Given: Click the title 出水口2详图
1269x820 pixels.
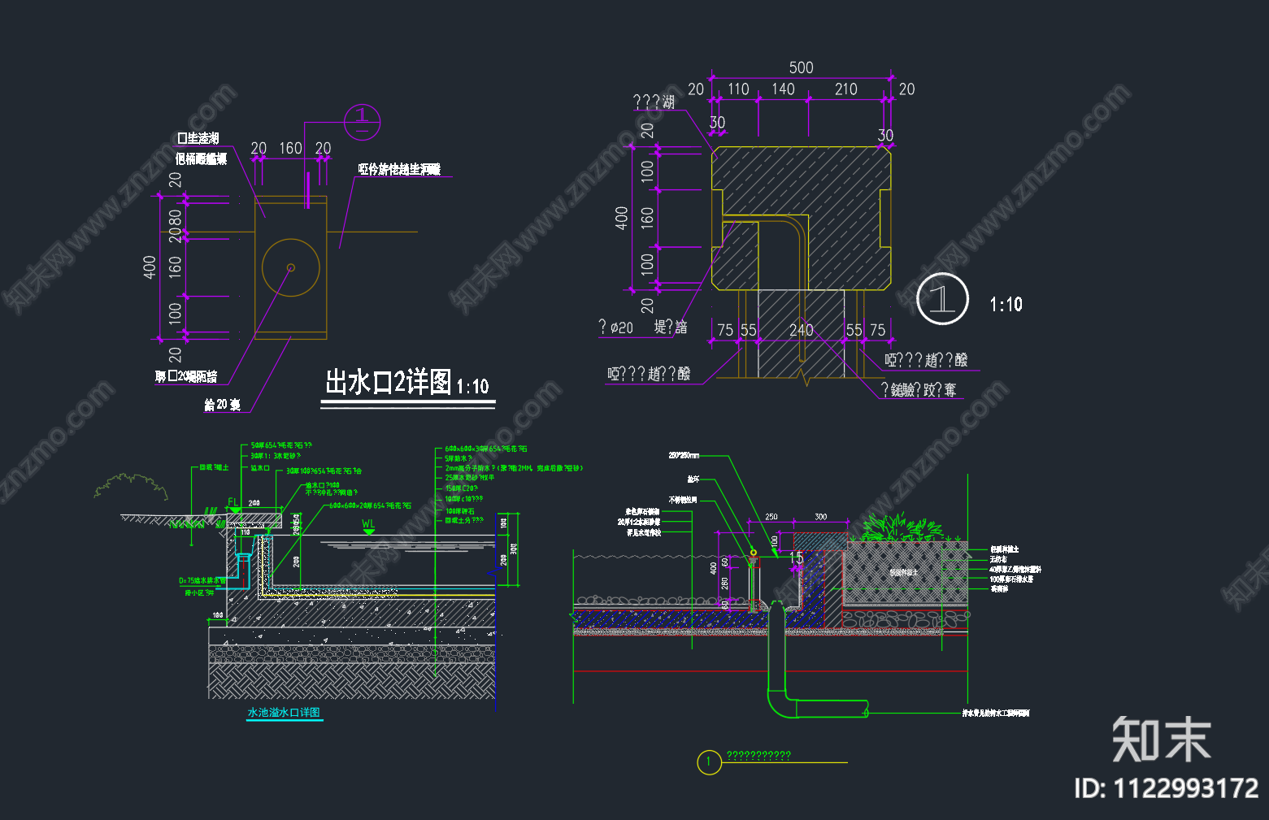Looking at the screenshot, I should (389, 382).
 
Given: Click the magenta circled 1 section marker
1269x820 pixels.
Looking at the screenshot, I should (362, 122).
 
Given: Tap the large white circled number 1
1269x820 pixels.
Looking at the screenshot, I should (942, 299).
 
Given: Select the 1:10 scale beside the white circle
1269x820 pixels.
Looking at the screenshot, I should (1006, 305).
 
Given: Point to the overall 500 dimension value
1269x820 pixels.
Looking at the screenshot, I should (801, 67).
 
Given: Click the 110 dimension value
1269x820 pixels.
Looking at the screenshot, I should (738, 89).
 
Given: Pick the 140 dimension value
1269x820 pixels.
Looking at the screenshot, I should (783, 89).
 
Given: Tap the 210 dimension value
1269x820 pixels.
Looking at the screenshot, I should (845, 89).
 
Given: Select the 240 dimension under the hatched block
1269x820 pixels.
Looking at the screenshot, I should (801, 330).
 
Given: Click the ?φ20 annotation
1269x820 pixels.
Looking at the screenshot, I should (616, 328).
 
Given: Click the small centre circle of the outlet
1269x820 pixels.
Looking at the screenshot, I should (290, 267).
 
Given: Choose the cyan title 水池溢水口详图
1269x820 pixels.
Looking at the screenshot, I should (284, 713).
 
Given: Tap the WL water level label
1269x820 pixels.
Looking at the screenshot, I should (368, 524).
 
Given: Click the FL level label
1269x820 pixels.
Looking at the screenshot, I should (233, 503).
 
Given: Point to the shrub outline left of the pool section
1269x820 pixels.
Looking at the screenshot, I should (130, 486).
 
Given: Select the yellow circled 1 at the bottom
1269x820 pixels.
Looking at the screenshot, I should (709, 762).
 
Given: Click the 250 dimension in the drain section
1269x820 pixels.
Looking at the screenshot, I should (771, 517).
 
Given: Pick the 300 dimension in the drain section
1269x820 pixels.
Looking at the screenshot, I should (820, 517).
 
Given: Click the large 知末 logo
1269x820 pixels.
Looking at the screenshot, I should (1161, 740).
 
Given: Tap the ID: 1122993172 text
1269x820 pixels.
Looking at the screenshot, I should (1166, 788).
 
